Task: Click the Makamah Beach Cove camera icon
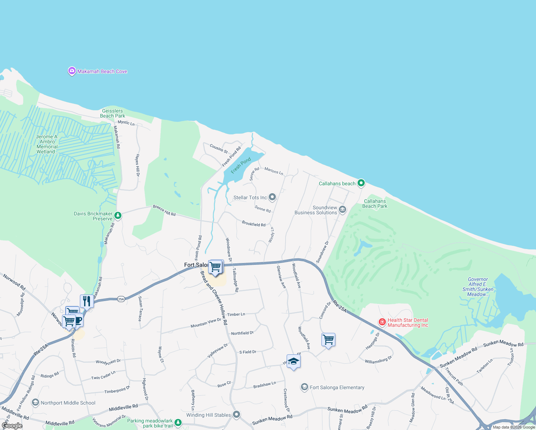coord(72,71)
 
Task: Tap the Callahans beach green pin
coord(361,183)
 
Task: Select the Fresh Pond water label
coord(241,165)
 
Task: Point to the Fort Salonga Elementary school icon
coord(304,387)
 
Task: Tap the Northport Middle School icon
coord(35,402)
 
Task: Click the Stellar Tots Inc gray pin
coord(272,197)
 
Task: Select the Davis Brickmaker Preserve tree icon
coord(118,216)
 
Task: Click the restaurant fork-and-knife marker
coord(87,301)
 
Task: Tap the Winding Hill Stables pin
coord(236,415)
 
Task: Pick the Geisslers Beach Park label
coord(113,113)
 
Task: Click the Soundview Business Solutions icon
coord(342,210)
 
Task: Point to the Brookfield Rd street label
coord(254,224)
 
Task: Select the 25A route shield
coord(121,299)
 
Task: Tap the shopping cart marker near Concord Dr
coord(328,339)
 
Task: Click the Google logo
coord(12,426)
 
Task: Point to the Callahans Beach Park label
coord(375,204)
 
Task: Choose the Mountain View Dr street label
coord(206,323)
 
